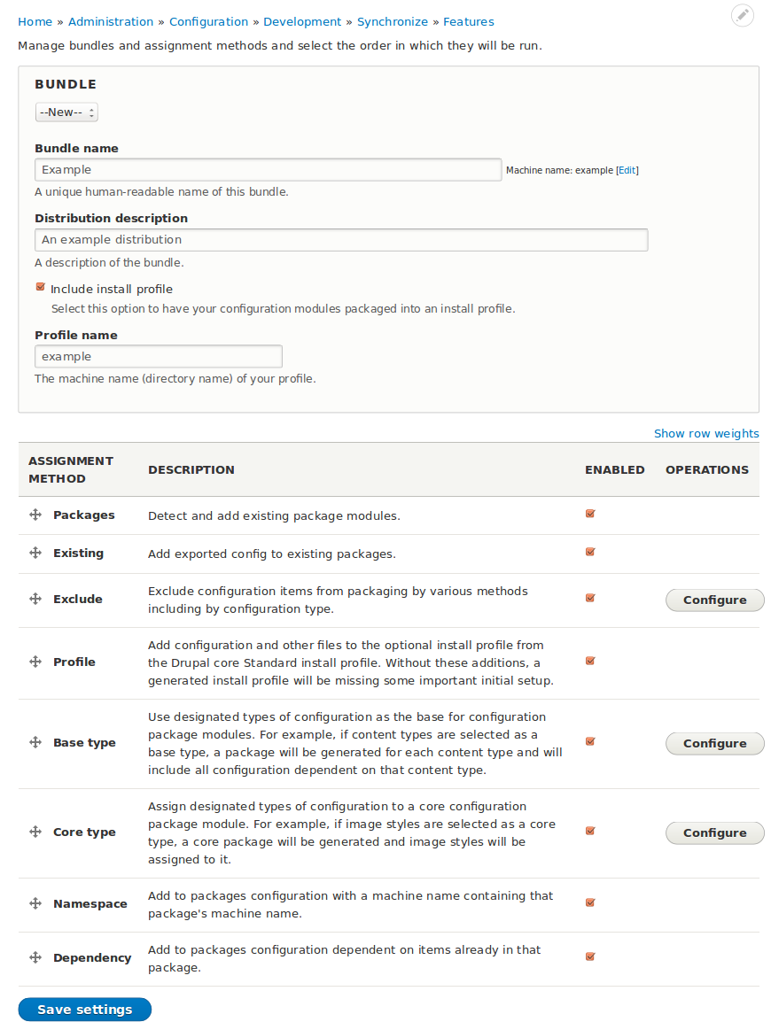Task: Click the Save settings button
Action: pyautogui.click(x=85, y=1010)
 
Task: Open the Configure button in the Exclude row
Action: pyautogui.click(x=714, y=600)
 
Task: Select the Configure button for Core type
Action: pyautogui.click(x=714, y=832)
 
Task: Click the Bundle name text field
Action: pyautogui.click(x=268, y=169)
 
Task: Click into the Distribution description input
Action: pyautogui.click(x=341, y=239)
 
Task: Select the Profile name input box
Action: pyautogui.click(x=159, y=356)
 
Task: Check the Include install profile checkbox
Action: pyautogui.click(x=41, y=287)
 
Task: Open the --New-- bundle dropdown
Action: pyautogui.click(x=66, y=112)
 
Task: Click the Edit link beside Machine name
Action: pyautogui.click(x=627, y=170)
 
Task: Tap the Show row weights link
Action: pyautogui.click(x=706, y=433)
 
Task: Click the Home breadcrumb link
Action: pyautogui.click(x=35, y=21)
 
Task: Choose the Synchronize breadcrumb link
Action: pyautogui.click(x=393, y=21)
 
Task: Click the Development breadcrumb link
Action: pyautogui.click(x=302, y=21)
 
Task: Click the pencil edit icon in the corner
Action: pyautogui.click(x=743, y=15)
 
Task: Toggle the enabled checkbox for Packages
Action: pyautogui.click(x=590, y=514)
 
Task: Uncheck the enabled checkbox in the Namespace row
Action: pyautogui.click(x=590, y=902)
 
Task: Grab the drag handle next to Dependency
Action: pyautogui.click(x=35, y=957)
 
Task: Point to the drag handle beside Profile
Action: pyautogui.click(x=35, y=662)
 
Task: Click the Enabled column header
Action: pyautogui.click(x=614, y=469)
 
